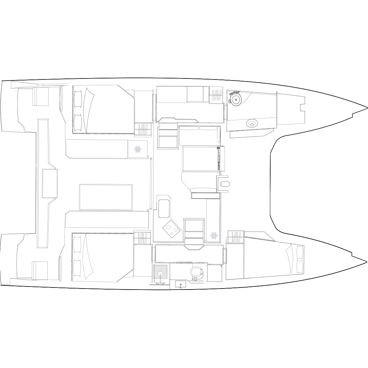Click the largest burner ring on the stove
pyautogui.click(x=167, y=227)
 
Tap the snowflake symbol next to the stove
pyautogui.click(x=213, y=235)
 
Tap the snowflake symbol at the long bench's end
pyautogui.click(x=137, y=149)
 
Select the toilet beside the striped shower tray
pyautogui.click(x=195, y=272)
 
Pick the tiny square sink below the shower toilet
pyautogui.click(x=181, y=284)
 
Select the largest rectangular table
pyautogui.click(x=106, y=197)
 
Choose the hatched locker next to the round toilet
pyautogui.click(x=216, y=95)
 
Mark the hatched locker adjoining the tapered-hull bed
pyautogui.click(x=235, y=237)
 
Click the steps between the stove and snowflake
pyautogui.click(x=194, y=230)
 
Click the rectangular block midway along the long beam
pyautogui.click(x=50, y=183)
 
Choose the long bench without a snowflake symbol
pyautogui.click(x=107, y=219)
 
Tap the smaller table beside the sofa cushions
pyautogui.click(x=201, y=159)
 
